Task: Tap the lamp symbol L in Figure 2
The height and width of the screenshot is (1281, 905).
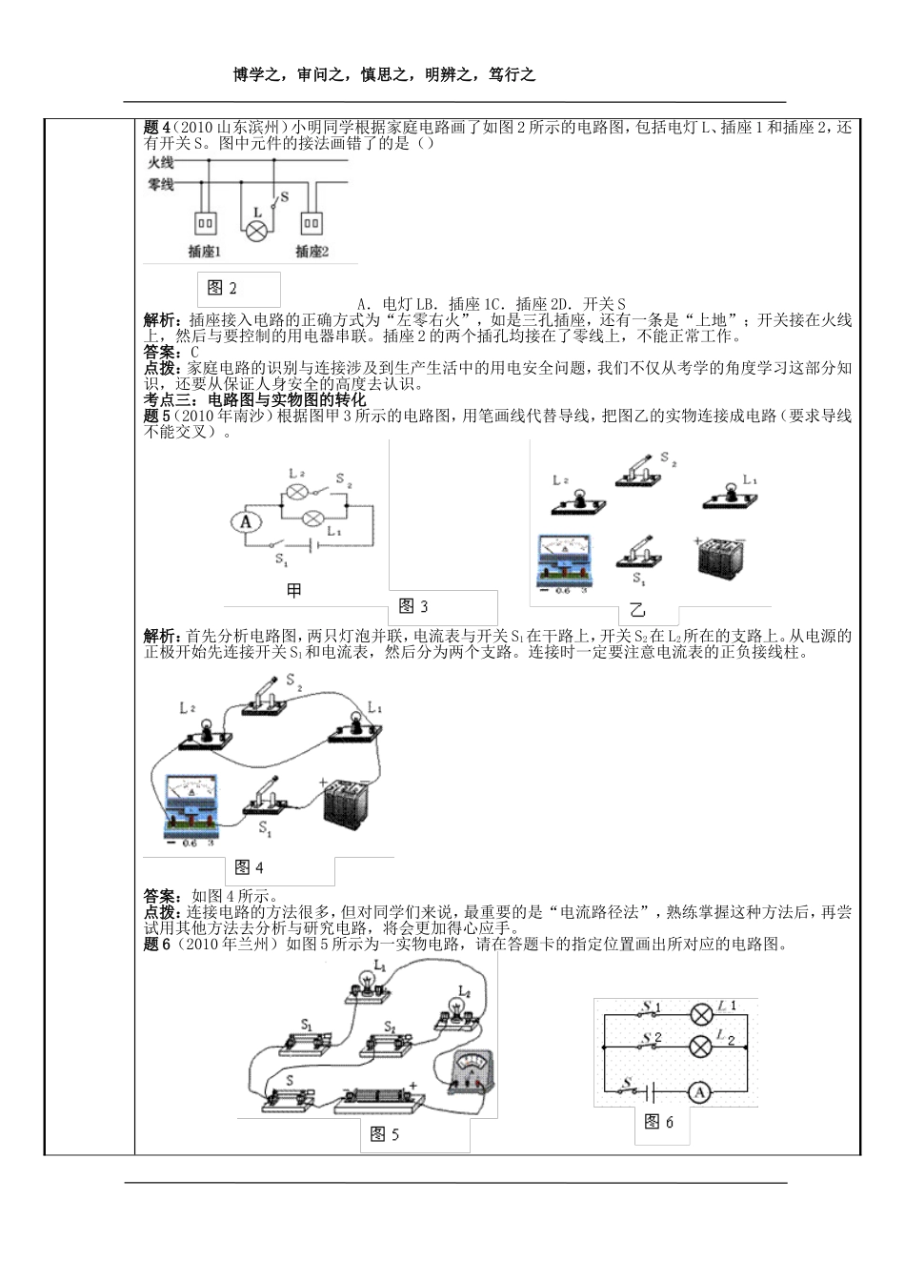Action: coord(256,229)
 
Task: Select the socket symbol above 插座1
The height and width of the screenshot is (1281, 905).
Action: coord(206,222)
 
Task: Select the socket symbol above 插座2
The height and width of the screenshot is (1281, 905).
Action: coord(312,222)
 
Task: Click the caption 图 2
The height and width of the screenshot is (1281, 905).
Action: coord(222,289)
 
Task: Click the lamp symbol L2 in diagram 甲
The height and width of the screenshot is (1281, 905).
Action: coord(296,492)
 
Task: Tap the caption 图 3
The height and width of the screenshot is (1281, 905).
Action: coord(412,606)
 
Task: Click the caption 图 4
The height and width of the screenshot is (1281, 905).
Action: coord(249,867)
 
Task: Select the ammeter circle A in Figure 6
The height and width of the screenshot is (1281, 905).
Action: coord(699,1092)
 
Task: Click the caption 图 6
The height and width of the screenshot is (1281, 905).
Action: coord(658,1122)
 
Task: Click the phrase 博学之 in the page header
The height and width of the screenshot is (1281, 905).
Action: coord(260,75)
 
